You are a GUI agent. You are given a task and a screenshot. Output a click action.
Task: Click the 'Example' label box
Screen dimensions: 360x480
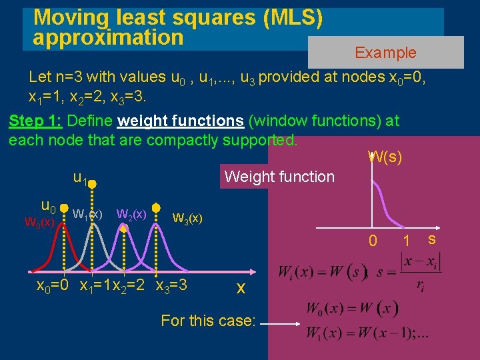[x=385, y=53]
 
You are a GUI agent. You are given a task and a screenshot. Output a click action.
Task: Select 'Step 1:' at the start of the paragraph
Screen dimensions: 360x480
[x=36, y=121]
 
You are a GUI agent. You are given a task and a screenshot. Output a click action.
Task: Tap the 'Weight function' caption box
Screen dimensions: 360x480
[x=279, y=177]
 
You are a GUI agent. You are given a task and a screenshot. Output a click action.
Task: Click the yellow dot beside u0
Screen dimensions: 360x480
[x=63, y=207]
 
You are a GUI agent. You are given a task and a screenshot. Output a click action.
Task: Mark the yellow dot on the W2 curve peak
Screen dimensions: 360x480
[x=124, y=228]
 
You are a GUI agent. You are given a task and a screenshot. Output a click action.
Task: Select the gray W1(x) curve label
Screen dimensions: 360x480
[x=87, y=215]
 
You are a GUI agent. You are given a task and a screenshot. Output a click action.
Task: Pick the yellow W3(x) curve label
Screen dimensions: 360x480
[x=187, y=218]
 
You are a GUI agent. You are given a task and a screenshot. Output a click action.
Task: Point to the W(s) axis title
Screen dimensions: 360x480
[x=385, y=158]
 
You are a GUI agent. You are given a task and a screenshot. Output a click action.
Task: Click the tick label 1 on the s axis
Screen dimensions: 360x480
[x=405, y=240]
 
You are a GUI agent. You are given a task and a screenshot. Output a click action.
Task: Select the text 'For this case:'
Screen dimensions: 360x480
[x=208, y=321]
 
